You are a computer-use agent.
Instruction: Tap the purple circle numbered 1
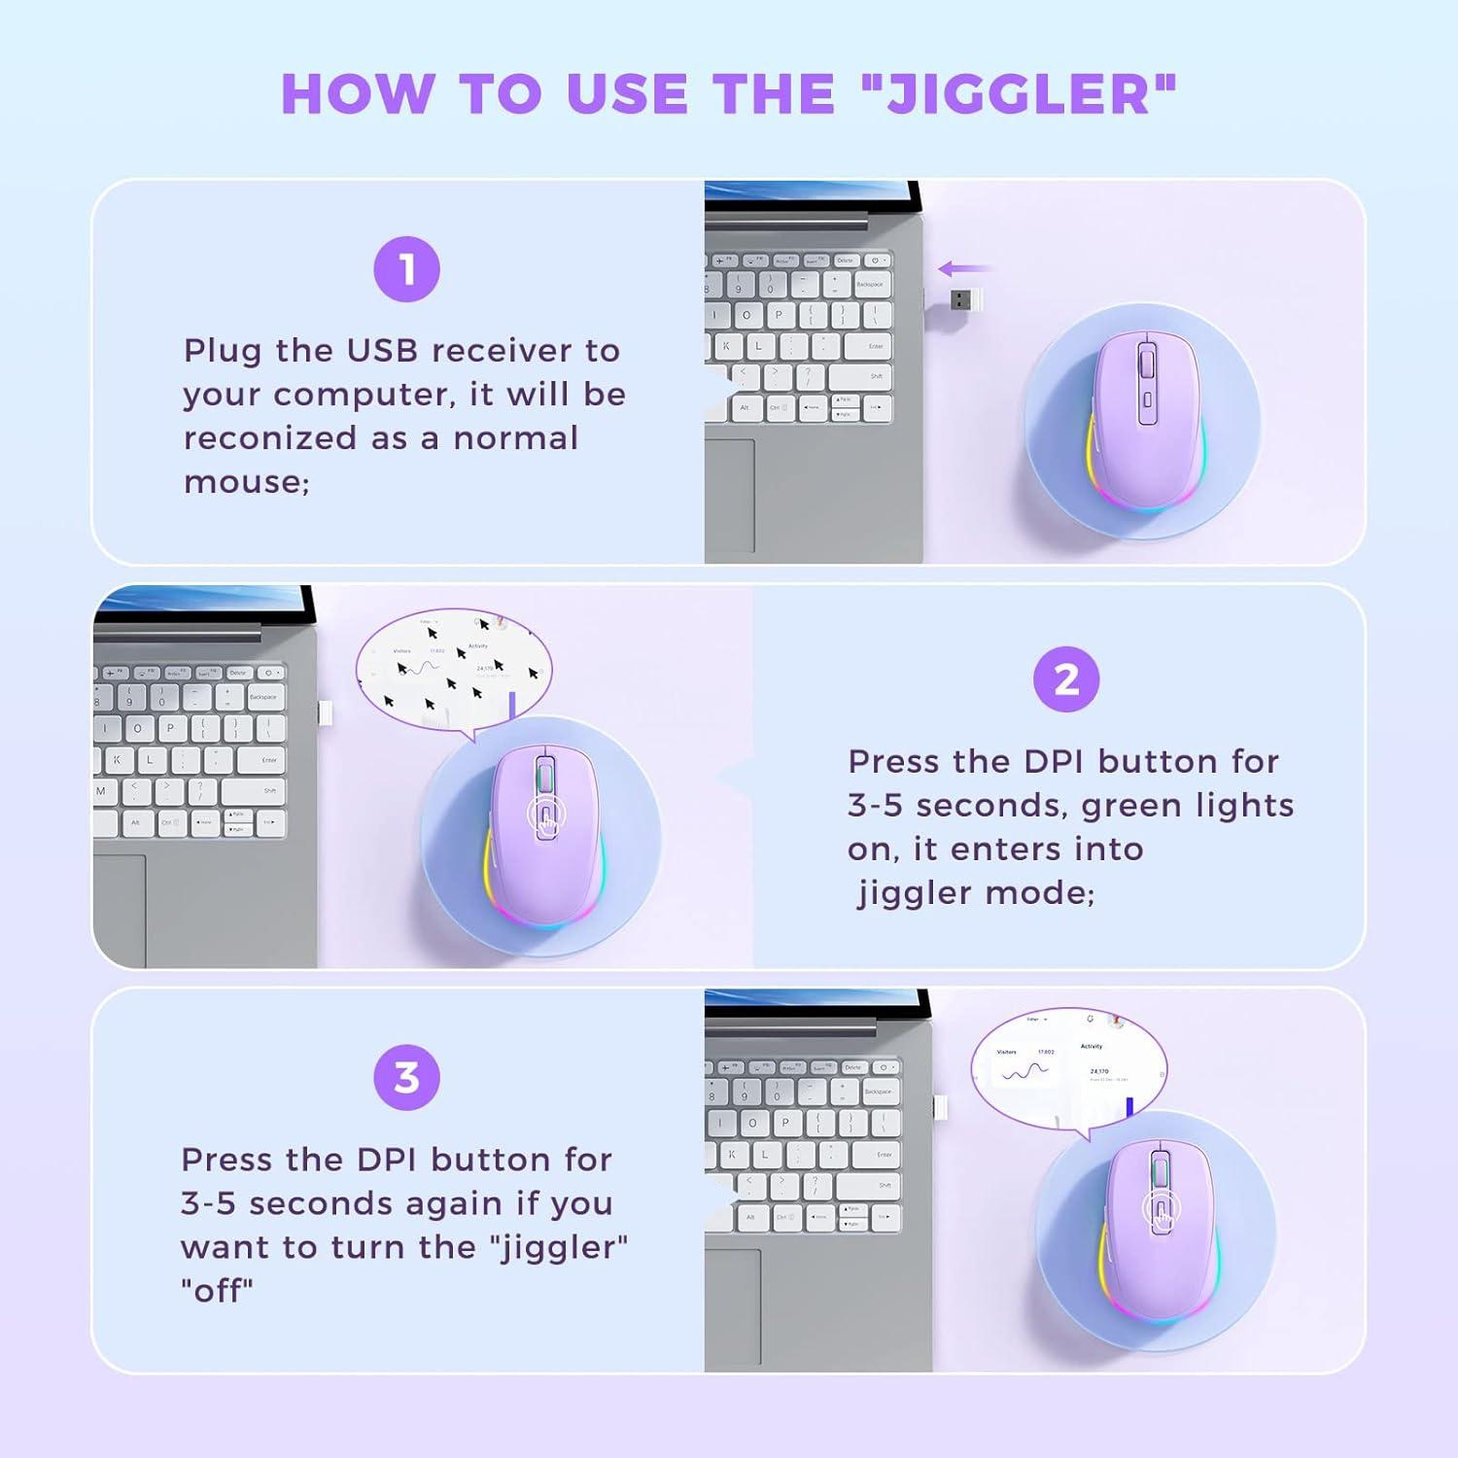(406, 269)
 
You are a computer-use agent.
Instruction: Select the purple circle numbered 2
(1066, 679)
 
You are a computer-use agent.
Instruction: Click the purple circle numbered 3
(406, 1077)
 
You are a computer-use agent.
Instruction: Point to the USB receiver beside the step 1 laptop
(963, 299)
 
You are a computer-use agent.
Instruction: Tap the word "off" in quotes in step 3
(217, 1291)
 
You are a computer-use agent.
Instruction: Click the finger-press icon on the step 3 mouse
(1161, 1210)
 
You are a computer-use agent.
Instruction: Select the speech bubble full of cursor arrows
(454, 670)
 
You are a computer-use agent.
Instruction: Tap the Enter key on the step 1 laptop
(875, 347)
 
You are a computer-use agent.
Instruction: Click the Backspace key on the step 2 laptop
(263, 698)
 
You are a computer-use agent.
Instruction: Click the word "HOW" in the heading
(357, 94)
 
